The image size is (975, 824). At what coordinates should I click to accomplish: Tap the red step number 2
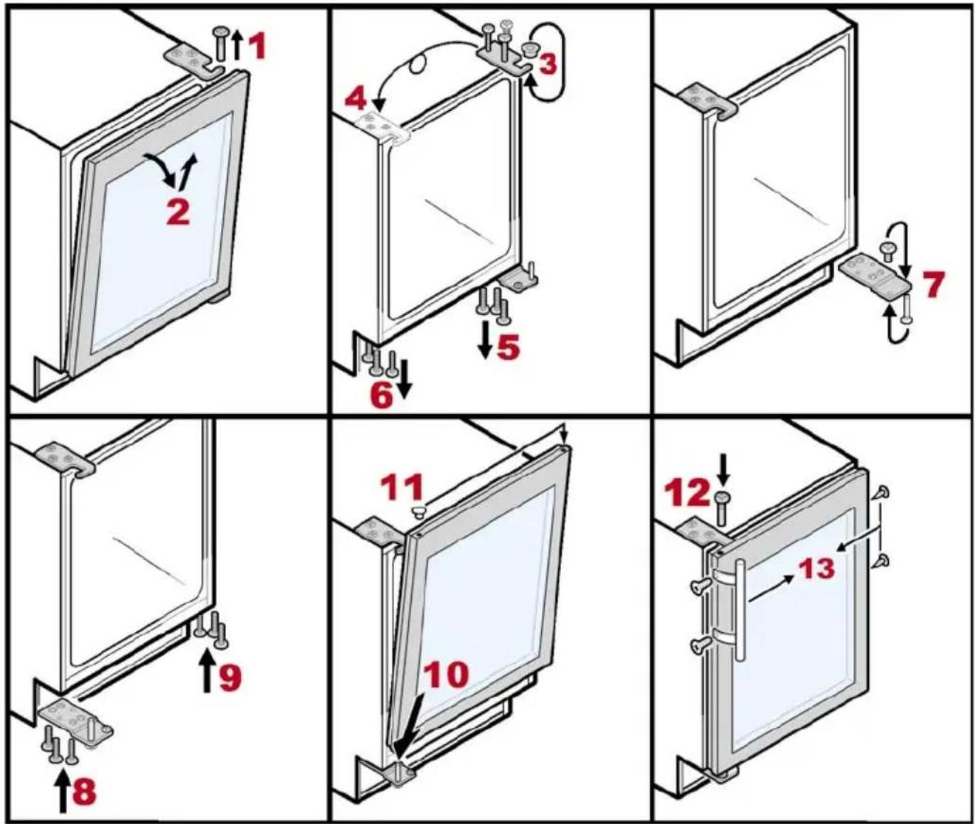coord(179,212)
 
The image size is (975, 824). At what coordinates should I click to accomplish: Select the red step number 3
coord(547,65)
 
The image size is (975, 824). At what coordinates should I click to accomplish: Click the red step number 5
coord(508,348)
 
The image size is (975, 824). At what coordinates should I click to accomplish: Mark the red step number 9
coord(229,678)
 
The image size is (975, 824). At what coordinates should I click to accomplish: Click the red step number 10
coord(446,674)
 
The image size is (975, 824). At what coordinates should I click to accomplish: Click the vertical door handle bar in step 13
coord(740,611)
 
